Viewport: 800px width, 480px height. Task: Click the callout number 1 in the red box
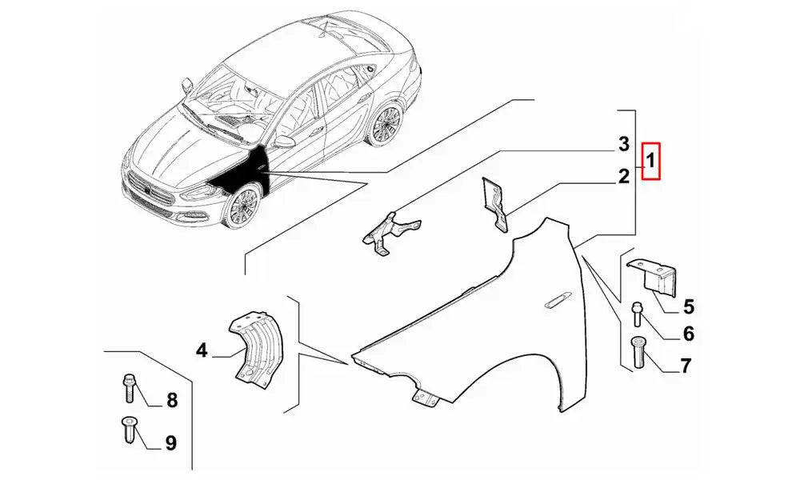651,161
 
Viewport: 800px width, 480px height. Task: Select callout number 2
623,177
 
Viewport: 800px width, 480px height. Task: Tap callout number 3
623,144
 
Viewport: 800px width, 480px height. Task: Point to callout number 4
202,350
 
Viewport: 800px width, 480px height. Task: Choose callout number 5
689,307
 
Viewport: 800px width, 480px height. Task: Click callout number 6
689,334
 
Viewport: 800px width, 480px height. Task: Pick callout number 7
686,366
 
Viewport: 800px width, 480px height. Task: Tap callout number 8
171,401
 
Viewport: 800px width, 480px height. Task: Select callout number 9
170,442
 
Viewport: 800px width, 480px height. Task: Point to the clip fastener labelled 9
127,430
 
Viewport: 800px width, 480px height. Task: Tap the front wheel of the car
242,206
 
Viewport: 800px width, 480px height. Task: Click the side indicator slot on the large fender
559,302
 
